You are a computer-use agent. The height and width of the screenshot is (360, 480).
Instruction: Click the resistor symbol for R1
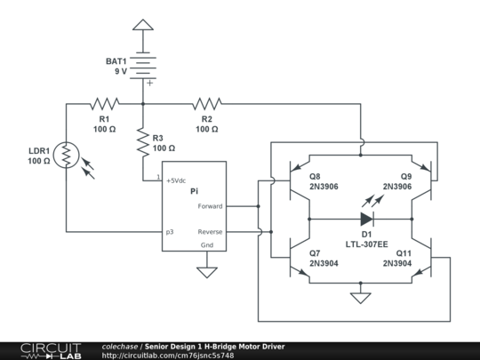(104, 104)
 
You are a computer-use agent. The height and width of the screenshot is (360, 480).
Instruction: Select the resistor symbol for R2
(207, 104)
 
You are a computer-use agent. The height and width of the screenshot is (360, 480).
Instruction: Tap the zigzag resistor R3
(142, 142)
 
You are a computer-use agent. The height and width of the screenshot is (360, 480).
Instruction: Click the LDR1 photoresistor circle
(66, 155)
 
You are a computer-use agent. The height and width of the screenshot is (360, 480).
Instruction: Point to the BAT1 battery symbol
(143, 68)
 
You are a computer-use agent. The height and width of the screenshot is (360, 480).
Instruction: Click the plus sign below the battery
(149, 83)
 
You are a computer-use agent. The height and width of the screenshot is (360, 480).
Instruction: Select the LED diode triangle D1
(367, 219)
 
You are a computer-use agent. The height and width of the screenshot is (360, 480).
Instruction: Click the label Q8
(315, 176)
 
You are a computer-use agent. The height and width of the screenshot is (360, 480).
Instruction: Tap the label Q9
(406, 176)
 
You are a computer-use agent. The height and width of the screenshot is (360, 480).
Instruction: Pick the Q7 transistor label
(315, 253)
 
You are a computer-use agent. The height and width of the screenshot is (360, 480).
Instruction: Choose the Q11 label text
(404, 253)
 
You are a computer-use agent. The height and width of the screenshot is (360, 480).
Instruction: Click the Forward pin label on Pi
(210, 206)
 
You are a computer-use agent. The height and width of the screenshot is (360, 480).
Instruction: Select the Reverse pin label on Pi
(210, 232)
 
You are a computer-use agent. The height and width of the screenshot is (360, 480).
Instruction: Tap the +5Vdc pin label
(176, 180)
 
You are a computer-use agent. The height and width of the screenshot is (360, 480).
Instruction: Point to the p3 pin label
(170, 232)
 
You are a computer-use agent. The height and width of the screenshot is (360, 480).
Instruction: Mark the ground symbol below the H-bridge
(361, 298)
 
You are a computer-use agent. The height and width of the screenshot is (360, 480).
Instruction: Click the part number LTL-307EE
(367, 244)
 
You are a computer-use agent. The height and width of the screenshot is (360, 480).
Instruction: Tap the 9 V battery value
(121, 71)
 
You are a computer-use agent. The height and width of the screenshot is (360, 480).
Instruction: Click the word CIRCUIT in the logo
(51, 348)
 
